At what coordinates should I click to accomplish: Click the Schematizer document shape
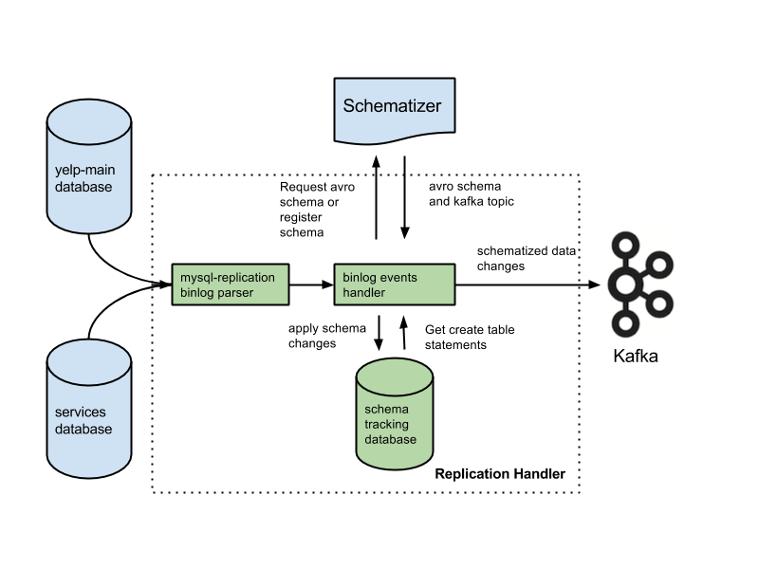pyautogui.click(x=392, y=107)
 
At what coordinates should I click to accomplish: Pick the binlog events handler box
pyautogui.click(x=393, y=284)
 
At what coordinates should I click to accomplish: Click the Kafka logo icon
pyautogui.click(x=640, y=284)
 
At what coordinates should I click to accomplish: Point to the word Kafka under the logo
pyautogui.click(x=635, y=358)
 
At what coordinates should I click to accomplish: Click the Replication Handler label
pyautogui.click(x=499, y=473)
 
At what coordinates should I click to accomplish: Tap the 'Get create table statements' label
pyautogui.click(x=470, y=337)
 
